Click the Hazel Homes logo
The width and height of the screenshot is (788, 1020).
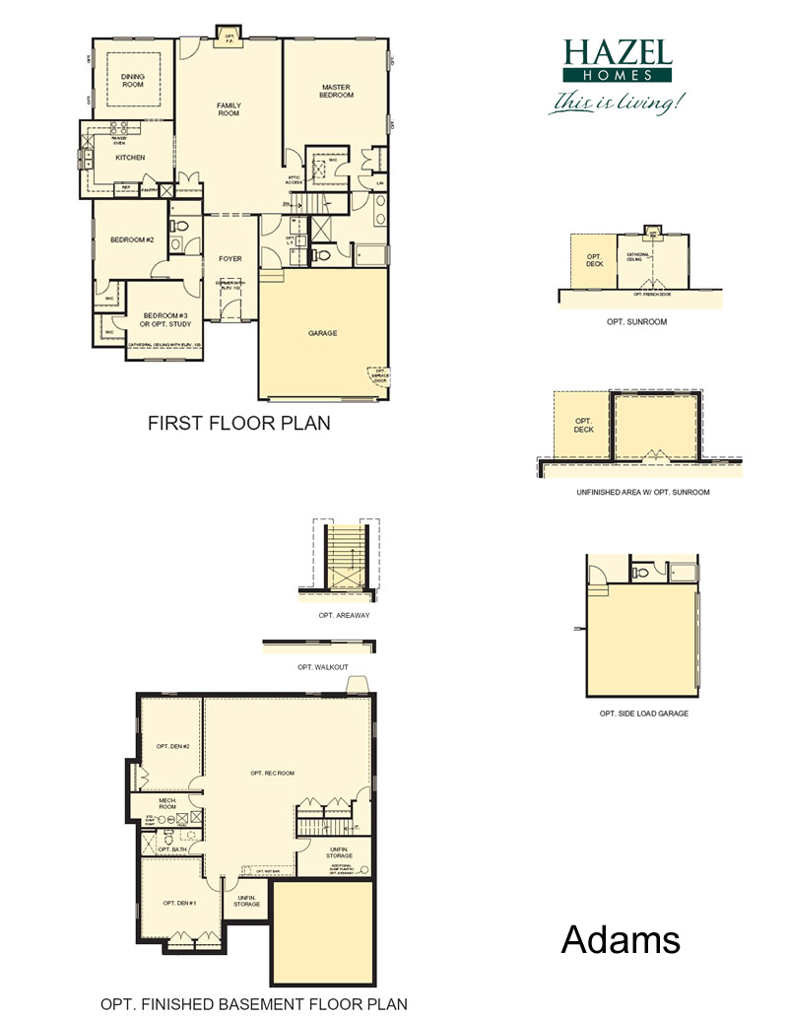tap(617, 61)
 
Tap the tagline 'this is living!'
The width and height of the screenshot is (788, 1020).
tap(617, 102)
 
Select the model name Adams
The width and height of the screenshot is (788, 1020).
tap(621, 939)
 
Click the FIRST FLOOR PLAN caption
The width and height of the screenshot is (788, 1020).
tap(238, 423)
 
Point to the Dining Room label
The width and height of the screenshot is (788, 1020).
tap(132, 81)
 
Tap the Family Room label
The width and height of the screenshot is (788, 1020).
tap(229, 109)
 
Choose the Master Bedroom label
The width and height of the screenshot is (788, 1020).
tap(336, 91)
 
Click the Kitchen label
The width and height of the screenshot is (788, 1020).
tap(130, 158)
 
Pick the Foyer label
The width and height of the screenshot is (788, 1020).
tap(230, 259)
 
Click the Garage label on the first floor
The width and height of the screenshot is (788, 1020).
tap(322, 333)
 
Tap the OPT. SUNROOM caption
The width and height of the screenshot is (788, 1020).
tap(639, 321)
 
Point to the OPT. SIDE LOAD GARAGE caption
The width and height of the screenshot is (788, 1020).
tap(643, 713)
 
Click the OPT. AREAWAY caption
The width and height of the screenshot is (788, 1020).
tap(337, 615)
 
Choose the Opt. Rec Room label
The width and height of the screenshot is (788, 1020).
tap(272, 773)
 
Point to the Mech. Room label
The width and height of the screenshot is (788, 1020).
tap(166, 803)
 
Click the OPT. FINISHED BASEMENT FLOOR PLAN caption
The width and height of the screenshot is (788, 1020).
tap(253, 1004)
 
